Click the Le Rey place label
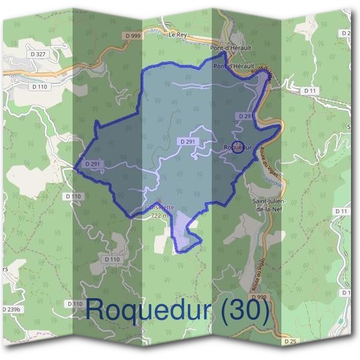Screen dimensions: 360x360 [178, 35]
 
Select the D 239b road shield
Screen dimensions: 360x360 [11, 308]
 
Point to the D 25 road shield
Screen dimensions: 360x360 [290, 341]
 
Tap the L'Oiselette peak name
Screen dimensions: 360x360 [160, 208]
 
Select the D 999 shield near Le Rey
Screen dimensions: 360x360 [134, 36]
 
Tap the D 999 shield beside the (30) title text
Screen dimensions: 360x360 [259, 297]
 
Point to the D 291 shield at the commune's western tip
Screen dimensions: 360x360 [92, 164]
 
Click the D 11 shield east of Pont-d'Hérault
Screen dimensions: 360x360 [310, 91]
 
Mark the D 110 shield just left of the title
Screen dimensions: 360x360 [75, 304]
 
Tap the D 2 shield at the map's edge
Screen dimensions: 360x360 [347, 34]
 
